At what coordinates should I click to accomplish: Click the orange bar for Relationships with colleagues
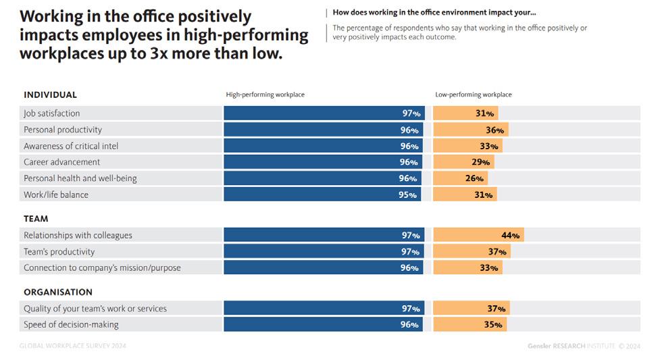478,235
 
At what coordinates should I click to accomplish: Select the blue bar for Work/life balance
322,195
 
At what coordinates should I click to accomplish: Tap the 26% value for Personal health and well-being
475,178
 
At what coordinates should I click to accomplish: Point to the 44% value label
510,236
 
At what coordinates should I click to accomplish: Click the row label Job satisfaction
51,113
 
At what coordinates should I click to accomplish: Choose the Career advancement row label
61,162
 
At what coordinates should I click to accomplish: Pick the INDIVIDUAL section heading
50,95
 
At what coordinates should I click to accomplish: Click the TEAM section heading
36,219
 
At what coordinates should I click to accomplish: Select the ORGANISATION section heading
57,292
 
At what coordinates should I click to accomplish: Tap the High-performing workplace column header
265,95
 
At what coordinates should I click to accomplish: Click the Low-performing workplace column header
473,95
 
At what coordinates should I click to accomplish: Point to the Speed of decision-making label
71,325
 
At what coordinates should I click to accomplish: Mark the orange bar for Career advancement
463,162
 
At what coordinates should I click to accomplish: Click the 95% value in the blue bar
409,195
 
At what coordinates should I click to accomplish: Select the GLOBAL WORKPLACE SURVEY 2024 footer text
72,346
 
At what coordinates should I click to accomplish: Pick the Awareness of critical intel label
71,146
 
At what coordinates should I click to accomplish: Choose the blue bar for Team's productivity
323,252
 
